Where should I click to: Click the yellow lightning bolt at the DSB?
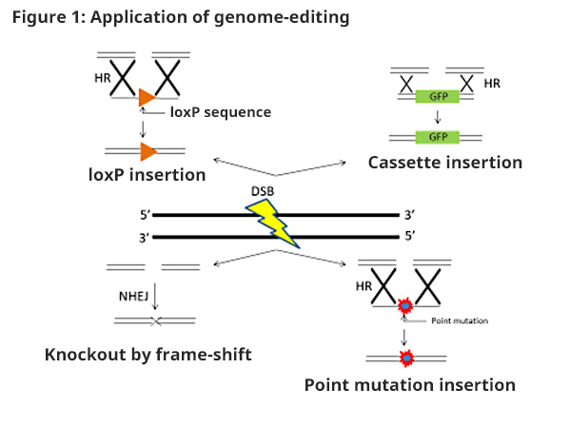coord(273,223)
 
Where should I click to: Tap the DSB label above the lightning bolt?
coord(263,191)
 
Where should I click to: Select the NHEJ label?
coord(133,297)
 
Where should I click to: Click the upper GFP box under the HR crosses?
coord(438,97)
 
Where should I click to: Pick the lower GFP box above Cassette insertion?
coord(438,137)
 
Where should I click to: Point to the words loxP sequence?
coord(221,112)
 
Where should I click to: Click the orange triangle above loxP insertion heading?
coord(147,151)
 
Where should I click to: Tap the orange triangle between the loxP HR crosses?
coord(147,97)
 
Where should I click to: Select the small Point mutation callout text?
coord(460,320)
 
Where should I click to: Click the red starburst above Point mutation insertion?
coord(406,359)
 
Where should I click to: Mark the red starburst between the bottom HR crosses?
coord(405,306)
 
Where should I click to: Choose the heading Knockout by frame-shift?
coord(147,355)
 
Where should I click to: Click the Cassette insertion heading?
coord(445,163)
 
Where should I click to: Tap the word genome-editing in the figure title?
coord(282,17)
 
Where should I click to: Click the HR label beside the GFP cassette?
coord(492,84)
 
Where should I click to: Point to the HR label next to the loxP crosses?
coord(102,78)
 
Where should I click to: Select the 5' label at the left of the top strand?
coord(145,215)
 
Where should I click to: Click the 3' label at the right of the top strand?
coord(410,215)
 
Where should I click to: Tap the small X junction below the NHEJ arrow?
coord(156,321)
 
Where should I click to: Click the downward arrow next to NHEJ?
coord(155,297)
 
